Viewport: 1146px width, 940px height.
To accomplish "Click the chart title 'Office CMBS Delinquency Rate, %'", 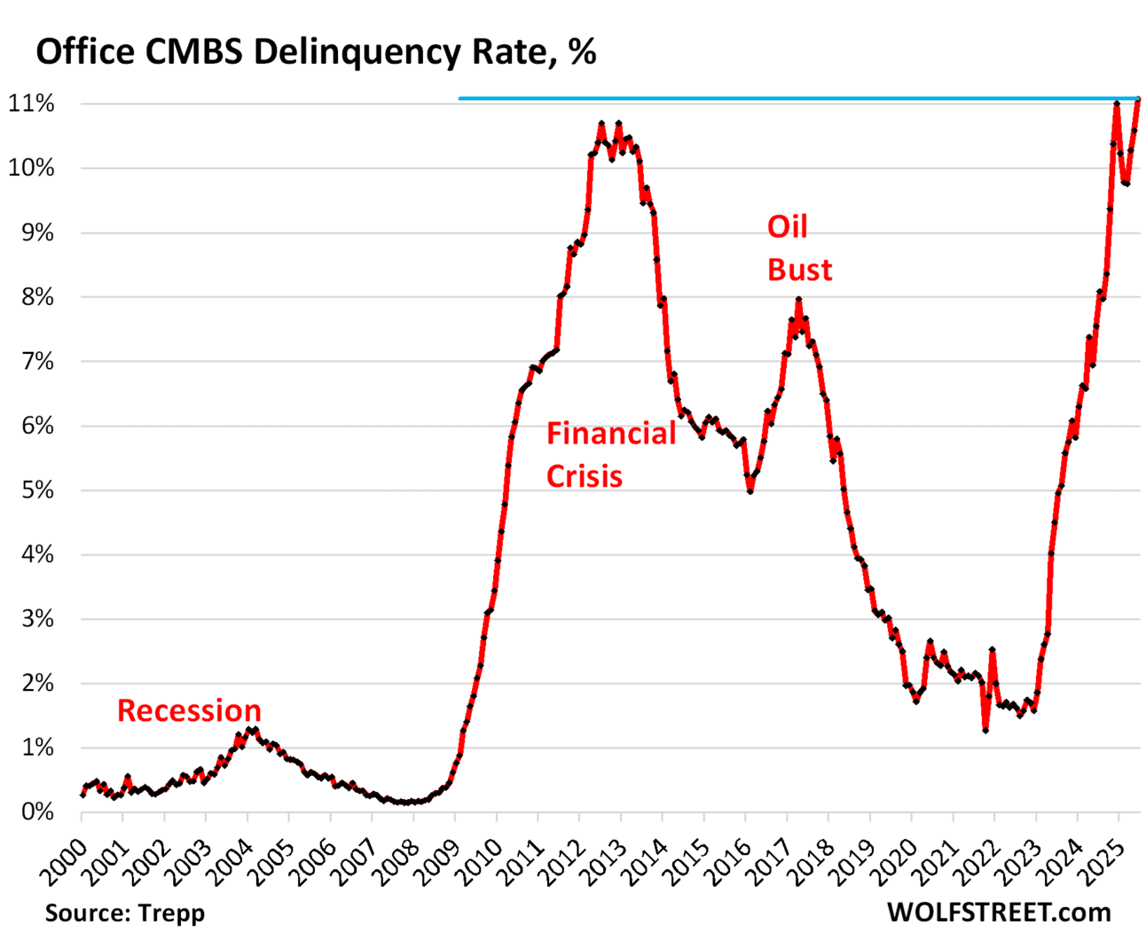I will [x=315, y=52].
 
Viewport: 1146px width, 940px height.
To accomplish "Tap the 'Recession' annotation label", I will [x=189, y=710].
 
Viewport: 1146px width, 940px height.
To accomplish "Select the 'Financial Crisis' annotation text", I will [x=610, y=454].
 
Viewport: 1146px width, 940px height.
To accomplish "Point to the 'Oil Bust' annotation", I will [x=799, y=248].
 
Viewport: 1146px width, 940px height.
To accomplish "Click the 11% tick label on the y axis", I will [x=31, y=104].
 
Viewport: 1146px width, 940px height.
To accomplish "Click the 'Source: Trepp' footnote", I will [x=124, y=913].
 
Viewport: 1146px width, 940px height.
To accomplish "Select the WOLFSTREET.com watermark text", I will [x=998, y=912].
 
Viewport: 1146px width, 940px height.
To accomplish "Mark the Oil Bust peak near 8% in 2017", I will [x=798, y=301].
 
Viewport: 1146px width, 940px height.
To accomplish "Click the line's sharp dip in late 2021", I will [x=985, y=729].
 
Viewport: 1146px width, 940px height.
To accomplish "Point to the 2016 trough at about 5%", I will [x=750, y=490].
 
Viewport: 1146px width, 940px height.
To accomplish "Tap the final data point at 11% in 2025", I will [x=1139, y=98].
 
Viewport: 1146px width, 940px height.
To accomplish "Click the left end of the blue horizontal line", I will [x=460, y=98].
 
